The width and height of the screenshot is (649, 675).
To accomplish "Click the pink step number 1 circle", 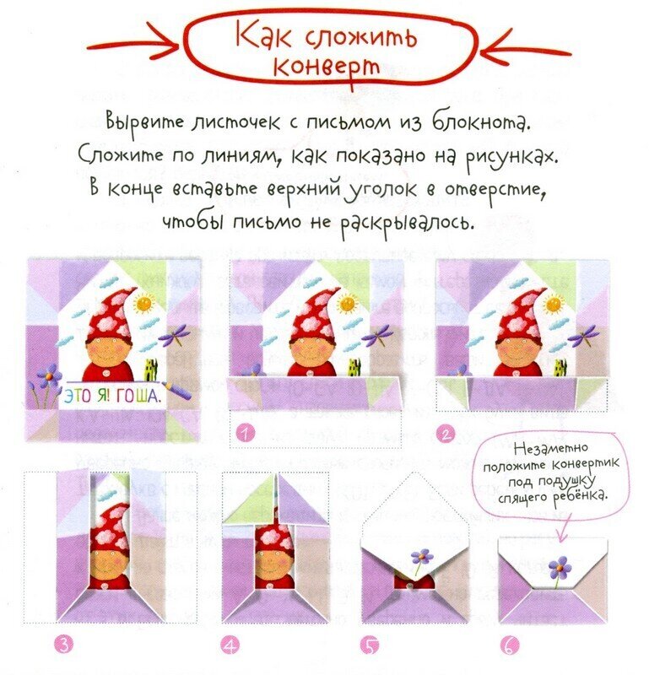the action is (x=245, y=434).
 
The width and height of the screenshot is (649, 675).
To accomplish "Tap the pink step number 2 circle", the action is (x=445, y=434).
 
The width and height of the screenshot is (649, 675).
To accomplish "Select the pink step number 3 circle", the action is (x=64, y=645).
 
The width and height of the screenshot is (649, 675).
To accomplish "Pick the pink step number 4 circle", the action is (x=230, y=645).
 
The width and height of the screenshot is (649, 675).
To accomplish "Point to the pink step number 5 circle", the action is (x=370, y=645).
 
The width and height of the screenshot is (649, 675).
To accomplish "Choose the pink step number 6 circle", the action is (x=510, y=645).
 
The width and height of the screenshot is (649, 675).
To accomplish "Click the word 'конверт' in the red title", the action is (x=327, y=67).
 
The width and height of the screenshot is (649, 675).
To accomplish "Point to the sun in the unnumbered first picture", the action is (x=143, y=303).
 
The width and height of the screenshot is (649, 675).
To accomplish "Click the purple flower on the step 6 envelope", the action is (x=560, y=569).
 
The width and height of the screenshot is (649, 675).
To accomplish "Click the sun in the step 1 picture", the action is (x=347, y=305).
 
